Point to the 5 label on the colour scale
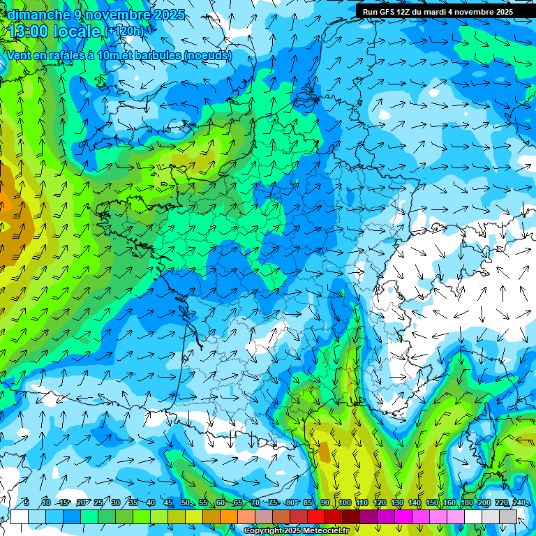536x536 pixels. coord(27,502)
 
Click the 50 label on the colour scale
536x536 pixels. coord(186,502)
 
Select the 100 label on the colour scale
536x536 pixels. coord(344,502)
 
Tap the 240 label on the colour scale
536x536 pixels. coord(519,502)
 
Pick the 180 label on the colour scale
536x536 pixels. coord(466,502)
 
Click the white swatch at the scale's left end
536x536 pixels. coord(20,516)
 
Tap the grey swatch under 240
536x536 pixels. coord(508,516)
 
